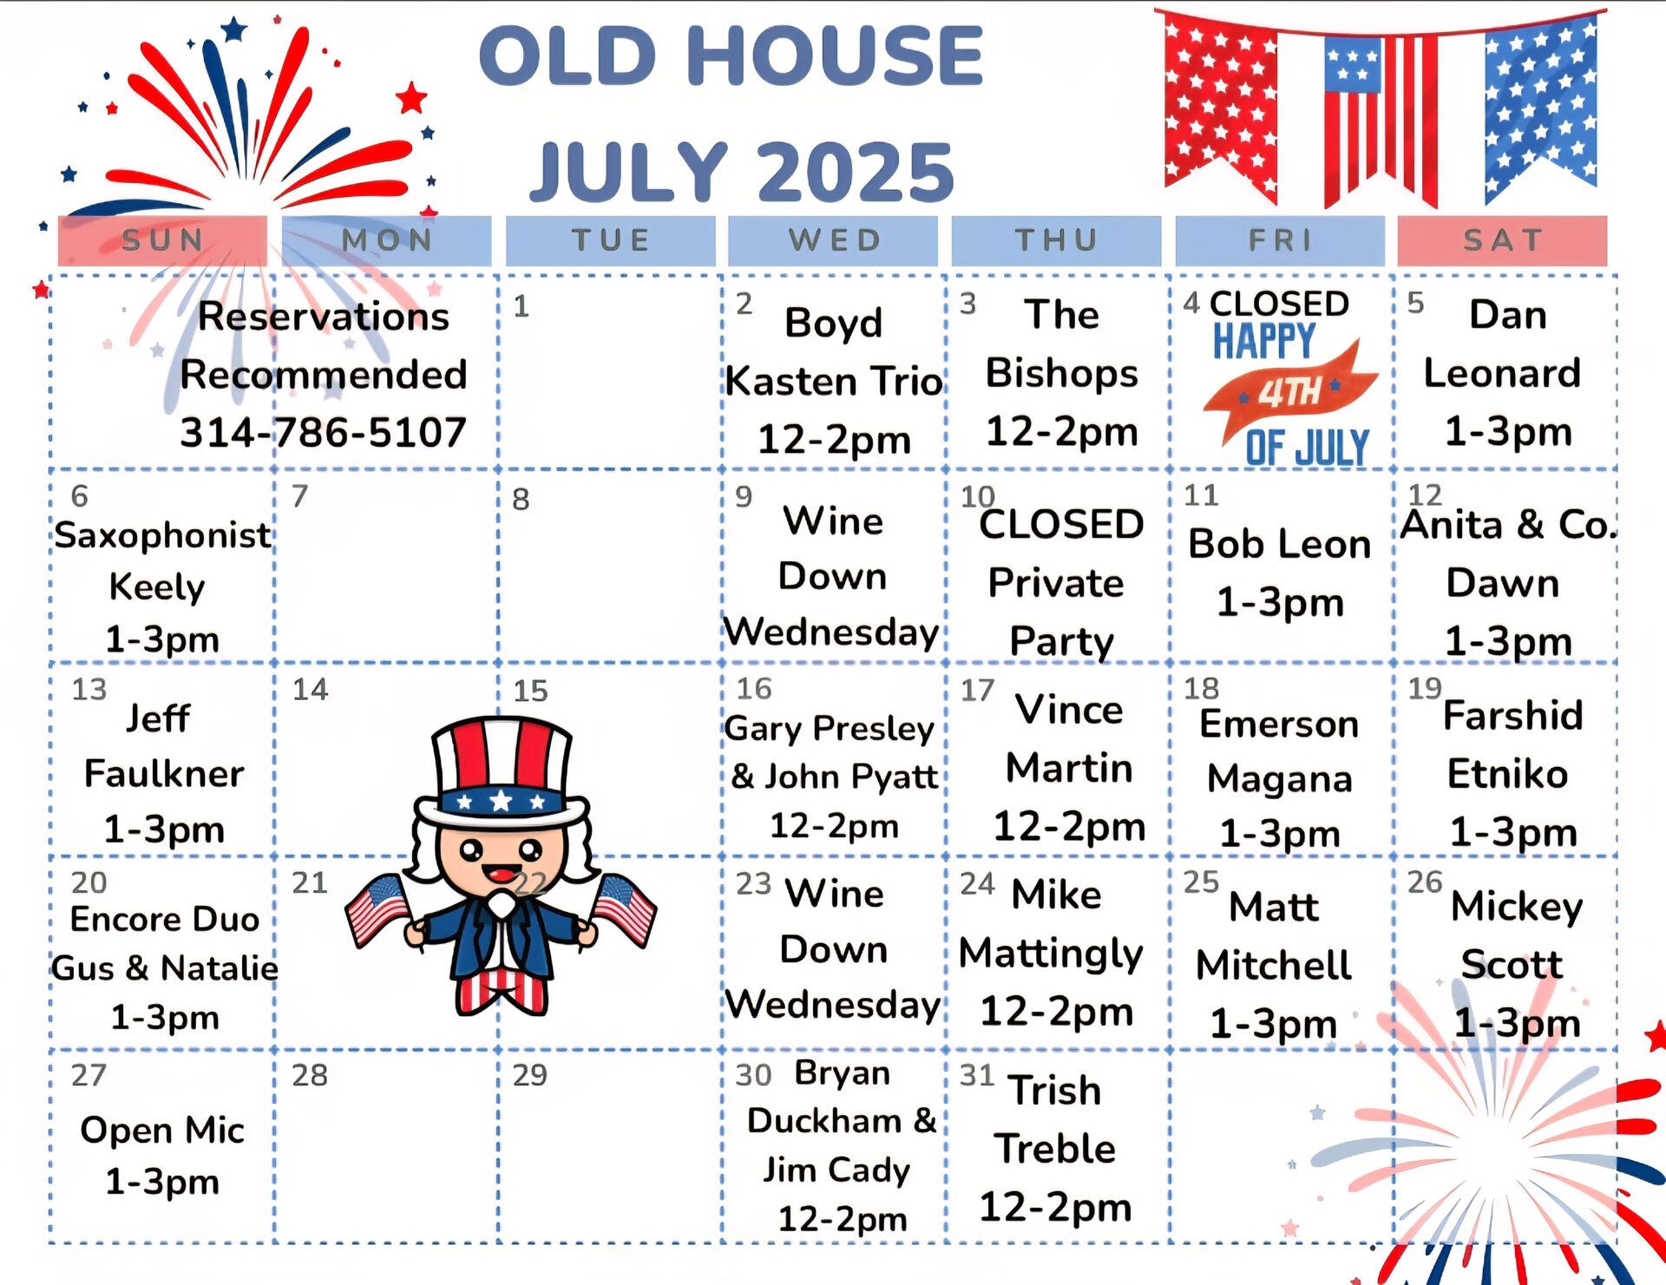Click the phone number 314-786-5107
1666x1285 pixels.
click(x=323, y=432)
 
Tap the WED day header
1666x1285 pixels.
click(x=834, y=240)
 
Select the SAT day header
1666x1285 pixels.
click(x=1503, y=240)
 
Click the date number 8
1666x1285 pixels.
click(x=521, y=499)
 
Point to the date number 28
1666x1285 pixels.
click(x=310, y=1075)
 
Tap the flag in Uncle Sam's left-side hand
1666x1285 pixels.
click(x=377, y=910)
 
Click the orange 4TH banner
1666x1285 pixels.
click(x=1291, y=391)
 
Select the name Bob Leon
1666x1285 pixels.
click(x=1280, y=544)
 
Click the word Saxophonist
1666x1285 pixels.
click(x=163, y=536)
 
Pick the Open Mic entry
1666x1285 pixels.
click(x=162, y=1130)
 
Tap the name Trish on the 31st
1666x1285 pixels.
click(x=1055, y=1090)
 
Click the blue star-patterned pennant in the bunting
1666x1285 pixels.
click(x=1540, y=104)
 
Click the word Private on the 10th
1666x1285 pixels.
click(x=1056, y=582)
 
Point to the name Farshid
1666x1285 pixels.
click(x=1512, y=716)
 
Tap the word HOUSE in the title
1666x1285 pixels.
click(x=835, y=56)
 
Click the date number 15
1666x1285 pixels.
click(x=530, y=691)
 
